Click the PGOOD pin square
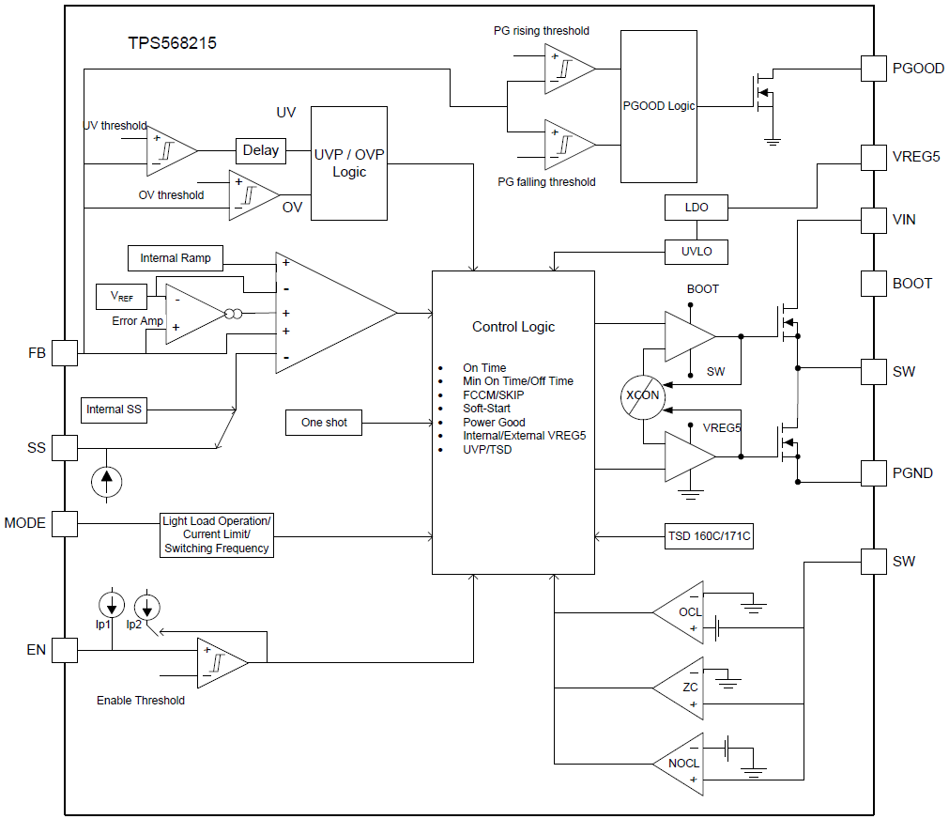(x=874, y=69)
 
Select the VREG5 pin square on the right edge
(x=874, y=156)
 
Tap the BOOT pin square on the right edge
(x=874, y=283)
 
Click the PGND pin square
(x=874, y=472)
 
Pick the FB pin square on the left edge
(x=64, y=353)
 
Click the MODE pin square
(x=64, y=523)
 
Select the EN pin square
(x=64, y=650)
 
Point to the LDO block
(x=696, y=207)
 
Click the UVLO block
(x=696, y=252)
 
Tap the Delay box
(x=261, y=150)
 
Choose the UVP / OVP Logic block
(x=348, y=163)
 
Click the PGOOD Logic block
(x=659, y=106)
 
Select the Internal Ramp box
(x=176, y=258)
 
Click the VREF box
(x=122, y=296)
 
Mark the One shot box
(x=324, y=423)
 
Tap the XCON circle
(x=644, y=395)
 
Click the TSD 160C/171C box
(x=709, y=537)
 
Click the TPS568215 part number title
(x=173, y=43)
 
